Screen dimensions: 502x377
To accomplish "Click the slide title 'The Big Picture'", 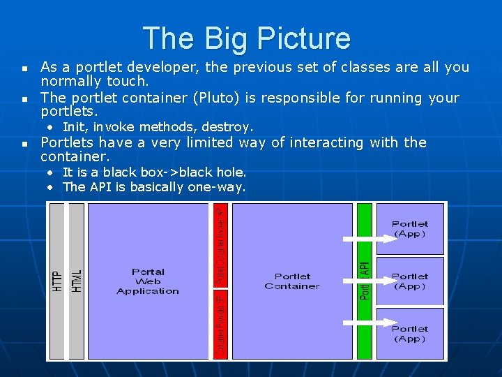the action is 246,38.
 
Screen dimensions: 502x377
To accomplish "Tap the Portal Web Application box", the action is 148,281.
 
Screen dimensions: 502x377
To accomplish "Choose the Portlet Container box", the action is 292,281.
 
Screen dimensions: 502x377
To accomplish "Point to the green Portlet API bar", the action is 365,281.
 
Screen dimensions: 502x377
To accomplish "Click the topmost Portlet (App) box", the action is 410,229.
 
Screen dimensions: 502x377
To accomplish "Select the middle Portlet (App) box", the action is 410,281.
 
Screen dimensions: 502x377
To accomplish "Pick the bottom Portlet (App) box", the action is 410,333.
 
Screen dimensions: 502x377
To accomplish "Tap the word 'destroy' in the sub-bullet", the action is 229,127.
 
